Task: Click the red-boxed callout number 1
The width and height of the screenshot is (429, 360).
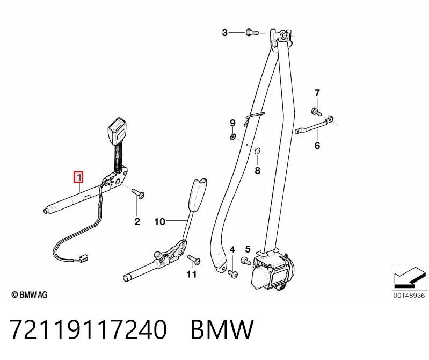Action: click(x=78, y=177)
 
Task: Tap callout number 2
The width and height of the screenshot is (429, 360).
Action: click(x=137, y=221)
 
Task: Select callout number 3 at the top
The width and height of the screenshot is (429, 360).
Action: click(x=224, y=33)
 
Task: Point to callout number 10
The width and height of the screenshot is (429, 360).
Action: click(x=160, y=221)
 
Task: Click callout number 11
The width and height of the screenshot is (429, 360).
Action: click(x=192, y=274)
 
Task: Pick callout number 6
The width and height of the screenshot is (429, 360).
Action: click(x=317, y=146)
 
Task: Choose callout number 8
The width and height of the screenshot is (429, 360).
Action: click(x=257, y=170)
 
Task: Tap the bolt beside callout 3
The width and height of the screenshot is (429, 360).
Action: click(x=252, y=32)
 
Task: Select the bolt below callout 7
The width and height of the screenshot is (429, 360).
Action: click(x=316, y=112)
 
